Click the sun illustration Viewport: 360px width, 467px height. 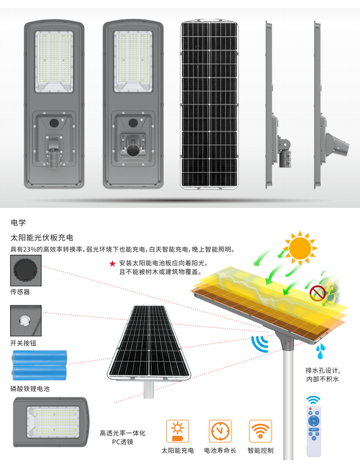point(300,248)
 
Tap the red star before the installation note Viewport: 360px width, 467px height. point(112,264)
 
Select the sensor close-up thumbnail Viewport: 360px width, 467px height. point(26,270)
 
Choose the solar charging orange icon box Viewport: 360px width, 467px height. point(178,431)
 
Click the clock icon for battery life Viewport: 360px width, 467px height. point(220,431)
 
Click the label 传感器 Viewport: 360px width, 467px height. point(20,292)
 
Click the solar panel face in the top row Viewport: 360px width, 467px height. point(209,104)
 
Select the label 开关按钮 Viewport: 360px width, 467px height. point(23,343)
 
